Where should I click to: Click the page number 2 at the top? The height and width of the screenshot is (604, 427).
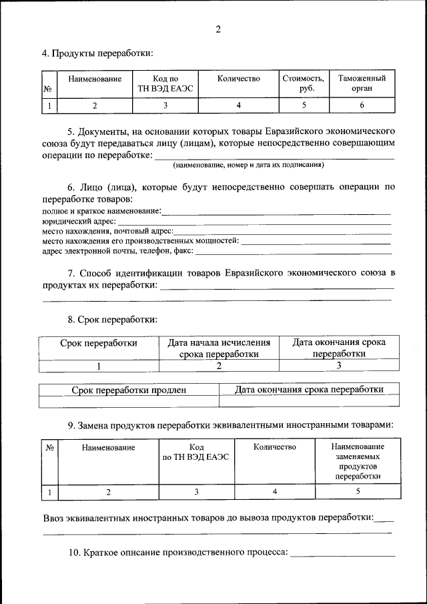[x=218, y=29]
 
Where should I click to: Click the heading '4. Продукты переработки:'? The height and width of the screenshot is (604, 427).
[x=97, y=53]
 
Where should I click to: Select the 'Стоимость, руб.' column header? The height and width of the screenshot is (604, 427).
[x=304, y=83]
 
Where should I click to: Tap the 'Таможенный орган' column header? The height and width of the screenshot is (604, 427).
[x=362, y=83]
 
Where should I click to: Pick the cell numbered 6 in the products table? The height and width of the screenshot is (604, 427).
[x=362, y=105]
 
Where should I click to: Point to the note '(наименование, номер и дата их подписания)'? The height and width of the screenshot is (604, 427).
[x=248, y=164]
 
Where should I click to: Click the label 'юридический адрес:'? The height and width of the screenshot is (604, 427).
[x=79, y=221]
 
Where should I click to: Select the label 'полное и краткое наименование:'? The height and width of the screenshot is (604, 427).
[x=101, y=211]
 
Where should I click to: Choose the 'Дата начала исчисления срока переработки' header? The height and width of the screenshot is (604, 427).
[x=219, y=348]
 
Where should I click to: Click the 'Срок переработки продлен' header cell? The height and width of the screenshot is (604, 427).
[x=129, y=390]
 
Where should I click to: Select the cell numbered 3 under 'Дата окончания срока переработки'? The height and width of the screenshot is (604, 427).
[x=339, y=366]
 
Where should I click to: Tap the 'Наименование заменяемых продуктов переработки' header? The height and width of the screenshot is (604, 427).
[x=358, y=461]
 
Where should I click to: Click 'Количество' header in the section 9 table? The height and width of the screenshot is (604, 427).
[x=275, y=447]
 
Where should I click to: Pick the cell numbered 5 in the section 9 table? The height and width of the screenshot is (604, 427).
[x=358, y=493]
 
